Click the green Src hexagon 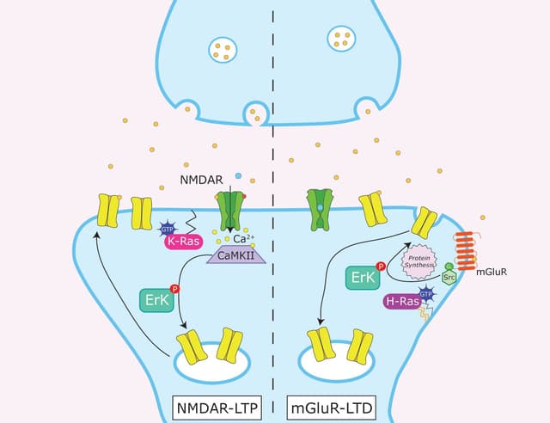click(x=449, y=277)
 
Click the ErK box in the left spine click(x=155, y=299)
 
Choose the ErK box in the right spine click(x=362, y=277)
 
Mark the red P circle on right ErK click(x=381, y=267)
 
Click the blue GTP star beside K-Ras click(x=168, y=229)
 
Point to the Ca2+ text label click(x=245, y=239)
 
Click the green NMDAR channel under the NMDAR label click(x=230, y=210)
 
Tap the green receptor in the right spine click(x=320, y=210)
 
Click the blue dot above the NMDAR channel click(x=238, y=176)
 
